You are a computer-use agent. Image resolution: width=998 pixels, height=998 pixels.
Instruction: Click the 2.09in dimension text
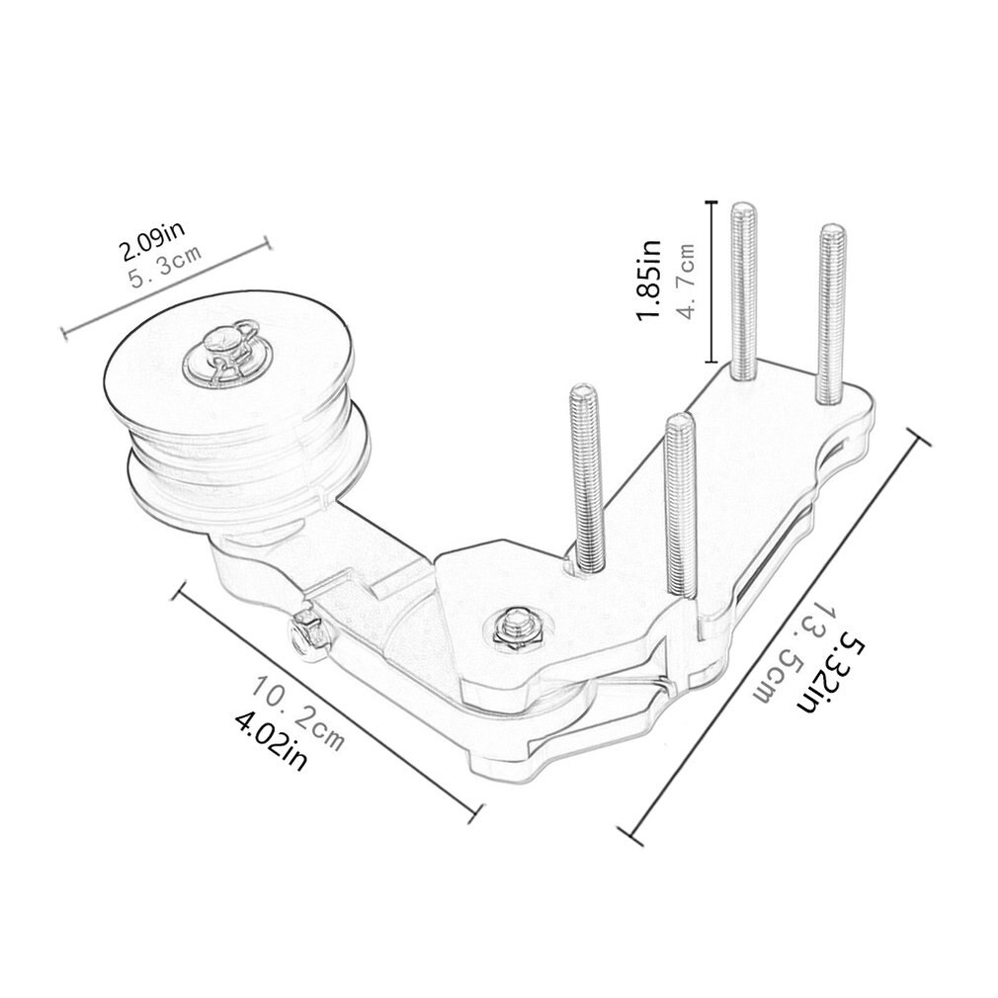149,241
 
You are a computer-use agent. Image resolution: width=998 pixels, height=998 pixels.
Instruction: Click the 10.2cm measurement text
296,710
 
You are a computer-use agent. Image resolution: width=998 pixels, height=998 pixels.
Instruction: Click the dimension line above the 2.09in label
165,287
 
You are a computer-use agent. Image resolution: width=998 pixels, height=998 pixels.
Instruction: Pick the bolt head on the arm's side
309,633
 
